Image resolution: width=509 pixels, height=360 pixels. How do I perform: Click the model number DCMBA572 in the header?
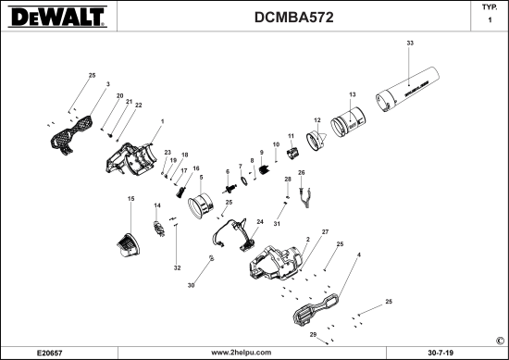[x=292, y=18]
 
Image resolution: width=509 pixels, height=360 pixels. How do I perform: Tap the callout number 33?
[x=410, y=43]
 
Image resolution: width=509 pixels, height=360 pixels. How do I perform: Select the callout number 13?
[x=352, y=95]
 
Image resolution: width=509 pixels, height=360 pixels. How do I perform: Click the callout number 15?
[x=130, y=199]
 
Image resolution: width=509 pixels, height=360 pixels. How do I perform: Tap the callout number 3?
[x=107, y=83]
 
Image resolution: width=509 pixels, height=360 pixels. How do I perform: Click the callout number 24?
[x=260, y=222]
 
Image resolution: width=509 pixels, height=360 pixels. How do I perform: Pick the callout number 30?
[x=192, y=287]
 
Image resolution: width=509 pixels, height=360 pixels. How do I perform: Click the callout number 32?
[x=177, y=267]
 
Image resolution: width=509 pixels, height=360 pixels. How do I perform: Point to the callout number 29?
[x=313, y=333]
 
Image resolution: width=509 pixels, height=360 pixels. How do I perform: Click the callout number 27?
[x=325, y=230]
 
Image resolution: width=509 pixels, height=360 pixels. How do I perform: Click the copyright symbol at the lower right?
[x=501, y=340]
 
